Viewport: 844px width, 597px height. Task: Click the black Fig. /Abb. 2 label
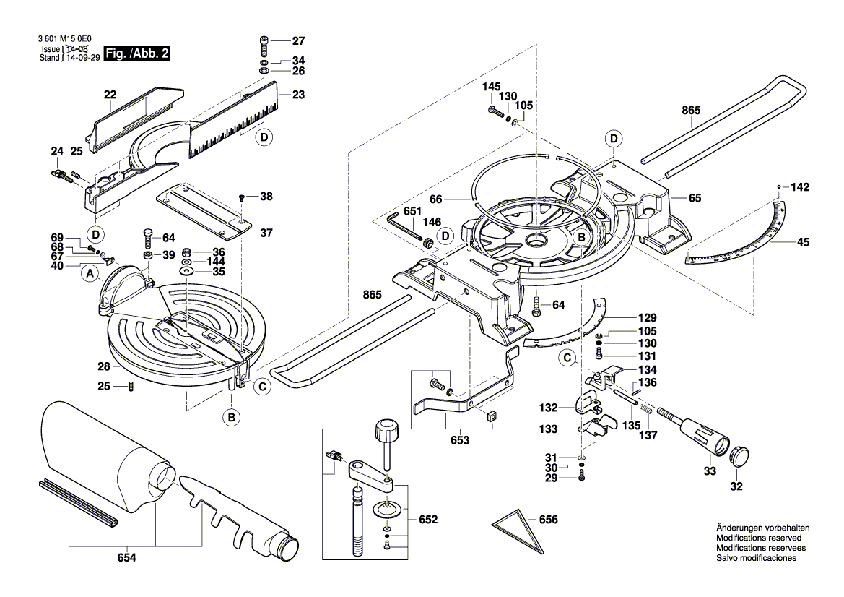click(x=136, y=53)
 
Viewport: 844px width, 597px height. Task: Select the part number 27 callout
click(x=298, y=40)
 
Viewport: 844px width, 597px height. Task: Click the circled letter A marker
click(x=90, y=273)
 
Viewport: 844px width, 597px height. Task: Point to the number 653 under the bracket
click(x=460, y=439)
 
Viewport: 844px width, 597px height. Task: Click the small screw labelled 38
click(x=243, y=197)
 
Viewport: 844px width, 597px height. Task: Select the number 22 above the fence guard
click(x=110, y=95)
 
